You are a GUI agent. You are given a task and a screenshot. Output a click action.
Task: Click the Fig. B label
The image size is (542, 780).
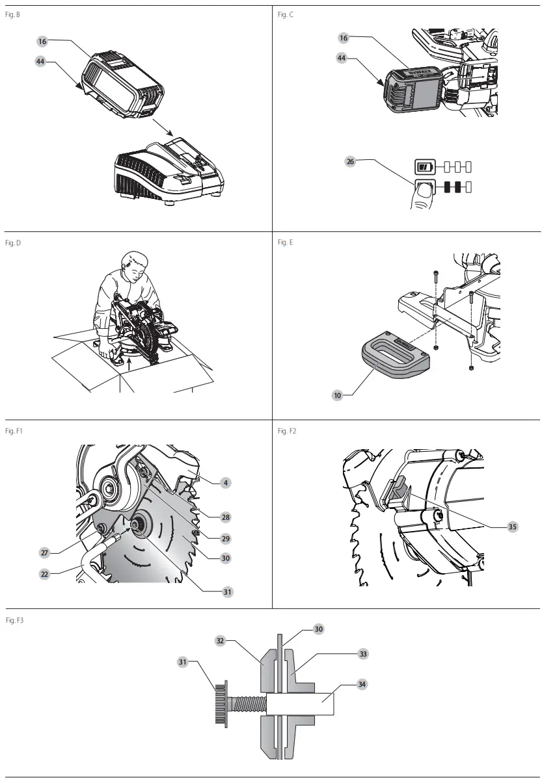(x=13, y=14)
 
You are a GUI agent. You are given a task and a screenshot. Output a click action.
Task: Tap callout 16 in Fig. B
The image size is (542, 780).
(x=42, y=41)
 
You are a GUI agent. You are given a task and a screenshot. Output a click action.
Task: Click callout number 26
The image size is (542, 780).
(x=350, y=162)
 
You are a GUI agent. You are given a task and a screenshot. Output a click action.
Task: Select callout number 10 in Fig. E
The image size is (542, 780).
(x=338, y=395)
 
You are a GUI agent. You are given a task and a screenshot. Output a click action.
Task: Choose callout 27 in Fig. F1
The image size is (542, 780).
(x=45, y=552)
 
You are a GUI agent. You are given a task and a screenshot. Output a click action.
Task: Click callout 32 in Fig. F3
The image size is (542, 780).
(x=221, y=640)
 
